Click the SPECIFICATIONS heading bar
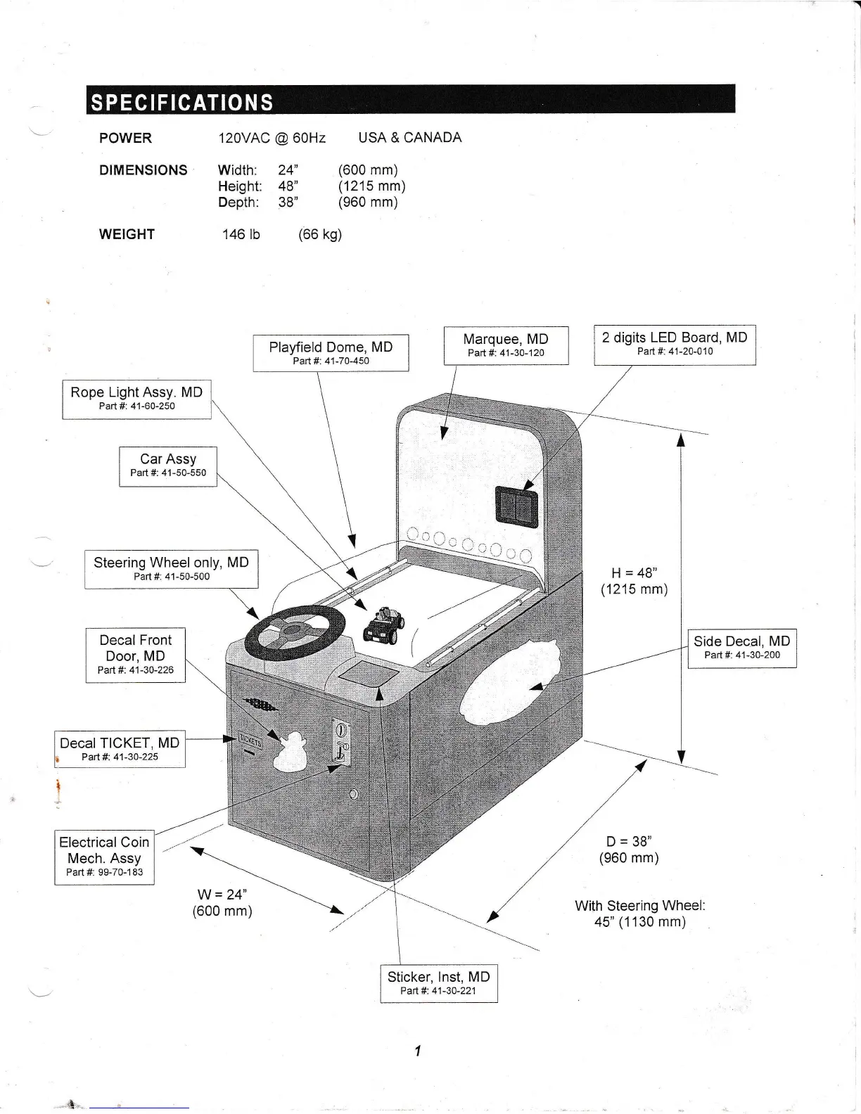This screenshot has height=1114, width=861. [410, 100]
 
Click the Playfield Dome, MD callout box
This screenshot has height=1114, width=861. [331, 352]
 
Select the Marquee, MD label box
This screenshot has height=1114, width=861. [506, 345]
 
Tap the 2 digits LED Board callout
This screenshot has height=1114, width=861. [675, 344]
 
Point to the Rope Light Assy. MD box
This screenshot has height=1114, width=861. [136, 399]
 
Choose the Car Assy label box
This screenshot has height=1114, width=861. [168, 466]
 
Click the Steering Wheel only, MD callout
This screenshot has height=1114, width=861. [171, 568]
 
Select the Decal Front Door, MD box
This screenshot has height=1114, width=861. [136, 655]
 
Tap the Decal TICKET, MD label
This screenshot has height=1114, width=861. [120, 749]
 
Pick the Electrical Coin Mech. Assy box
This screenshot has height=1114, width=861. [104, 857]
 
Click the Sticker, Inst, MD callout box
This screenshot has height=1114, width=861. [438, 982]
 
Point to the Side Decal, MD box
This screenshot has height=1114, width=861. [741, 647]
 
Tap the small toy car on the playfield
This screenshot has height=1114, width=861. [383, 624]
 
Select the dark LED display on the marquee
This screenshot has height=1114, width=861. [517, 505]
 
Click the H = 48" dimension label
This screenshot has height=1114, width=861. [634, 581]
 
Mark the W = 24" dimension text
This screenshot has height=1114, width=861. [222, 902]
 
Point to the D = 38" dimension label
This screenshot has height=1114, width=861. [629, 850]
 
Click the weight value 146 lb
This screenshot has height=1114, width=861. [241, 234]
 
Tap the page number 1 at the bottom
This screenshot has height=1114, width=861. [417, 1051]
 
